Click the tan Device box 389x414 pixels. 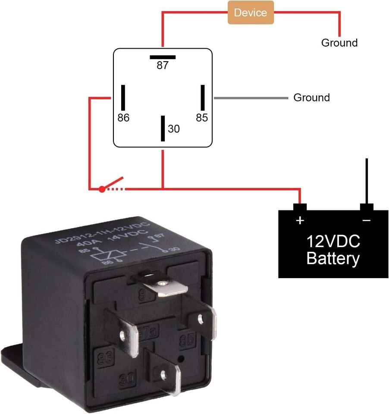pyautogui.click(x=251, y=13)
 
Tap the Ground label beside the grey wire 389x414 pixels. pyautogui.click(x=311, y=97)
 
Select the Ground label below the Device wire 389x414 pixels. pyautogui.click(x=339, y=43)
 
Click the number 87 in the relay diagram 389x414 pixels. pyautogui.click(x=163, y=66)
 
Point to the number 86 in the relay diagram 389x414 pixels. pyautogui.click(x=123, y=118)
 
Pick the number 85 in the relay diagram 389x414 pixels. pyautogui.click(x=201, y=118)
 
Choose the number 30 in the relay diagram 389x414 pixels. pyautogui.click(x=173, y=129)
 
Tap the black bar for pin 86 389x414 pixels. pyautogui.click(x=123, y=97)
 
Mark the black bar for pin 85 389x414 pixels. pyautogui.click(x=202, y=97)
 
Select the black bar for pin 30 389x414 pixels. pyautogui.click(x=163, y=128)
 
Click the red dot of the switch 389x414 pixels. pyautogui.click(x=102, y=189)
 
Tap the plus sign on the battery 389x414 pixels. pyautogui.click(x=300, y=220)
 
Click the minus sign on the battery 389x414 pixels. pyautogui.click(x=366, y=220)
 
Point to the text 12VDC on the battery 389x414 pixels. pyautogui.click(x=333, y=241)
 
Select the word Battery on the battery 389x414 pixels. pyautogui.click(x=333, y=259)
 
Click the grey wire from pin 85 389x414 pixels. pyautogui.click(x=250, y=98)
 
